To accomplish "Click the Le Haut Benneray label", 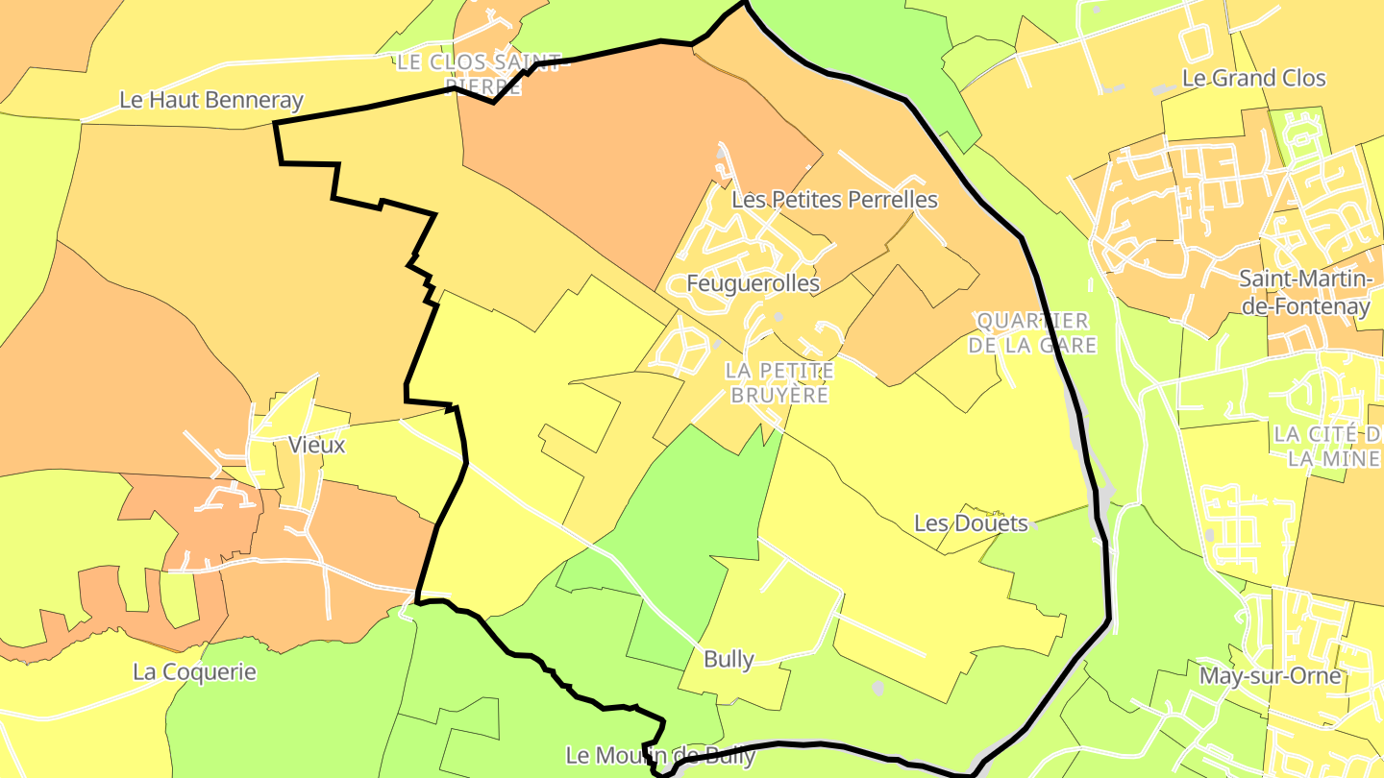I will (210, 100).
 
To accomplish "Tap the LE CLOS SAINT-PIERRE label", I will (479, 75).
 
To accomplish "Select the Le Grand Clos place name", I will (1253, 79).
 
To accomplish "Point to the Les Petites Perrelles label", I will (834, 200).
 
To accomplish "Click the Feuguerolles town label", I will (753, 283).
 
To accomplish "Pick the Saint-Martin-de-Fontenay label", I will (1304, 293).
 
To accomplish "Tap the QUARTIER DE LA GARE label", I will (1032, 332).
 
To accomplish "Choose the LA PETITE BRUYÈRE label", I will (779, 382).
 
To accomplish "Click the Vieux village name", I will (316, 445).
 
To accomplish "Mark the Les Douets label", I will (971, 523).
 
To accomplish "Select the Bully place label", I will (729, 659).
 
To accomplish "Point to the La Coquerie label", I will (194, 671).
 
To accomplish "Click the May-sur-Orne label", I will (1270, 676).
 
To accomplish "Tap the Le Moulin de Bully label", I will (660, 756).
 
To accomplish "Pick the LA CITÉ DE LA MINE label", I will (1326, 446).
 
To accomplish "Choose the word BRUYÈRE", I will (779, 395).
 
